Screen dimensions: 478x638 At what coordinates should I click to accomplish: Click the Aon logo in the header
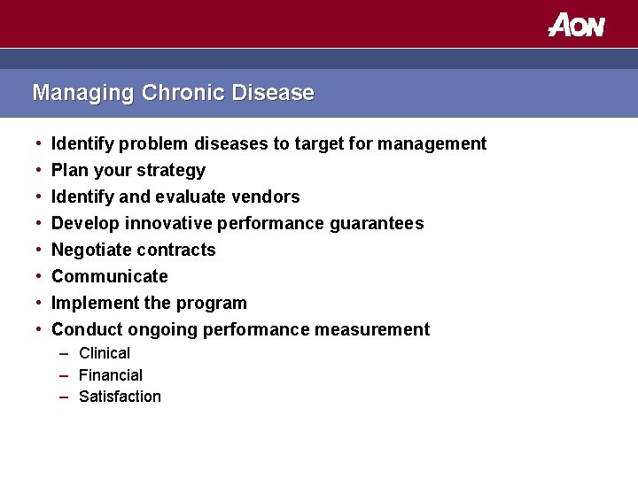pyautogui.click(x=576, y=25)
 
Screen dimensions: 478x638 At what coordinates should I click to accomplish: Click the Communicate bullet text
pyautogui.click(x=110, y=276)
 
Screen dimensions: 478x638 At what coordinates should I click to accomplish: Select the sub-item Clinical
pyautogui.click(x=105, y=353)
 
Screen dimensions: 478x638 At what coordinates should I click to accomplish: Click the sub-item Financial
pyautogui.click(x=111, y=375)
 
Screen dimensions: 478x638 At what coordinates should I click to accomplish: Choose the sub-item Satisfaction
pyautogui.click(x=120, y=397)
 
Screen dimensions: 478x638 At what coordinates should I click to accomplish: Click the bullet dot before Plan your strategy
pyautogui.click(x=37, y=171)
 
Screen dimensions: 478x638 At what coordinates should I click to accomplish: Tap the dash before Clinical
pyautogui.click(x=65, y=353)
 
